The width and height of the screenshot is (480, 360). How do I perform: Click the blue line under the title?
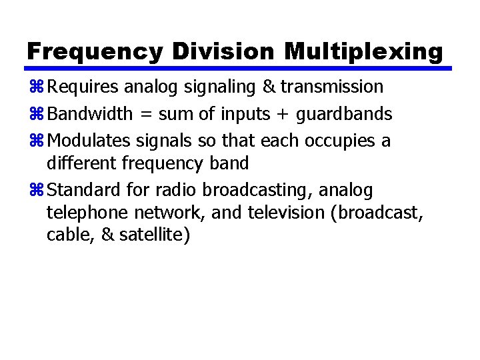pyautogui.click(x=237, y=69)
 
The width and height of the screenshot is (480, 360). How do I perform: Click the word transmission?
pyautogui.click(x=331, y=87)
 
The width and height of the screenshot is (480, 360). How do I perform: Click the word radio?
pyautogui.click(x=177, y=191)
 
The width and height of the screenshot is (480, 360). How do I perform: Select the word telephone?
pyautogui.click(x=88, y=213)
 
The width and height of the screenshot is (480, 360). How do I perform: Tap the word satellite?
pyautogui.click(x=155, y=235)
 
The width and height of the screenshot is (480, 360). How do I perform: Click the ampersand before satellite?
pyautogui.click(x=108, y=235)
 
